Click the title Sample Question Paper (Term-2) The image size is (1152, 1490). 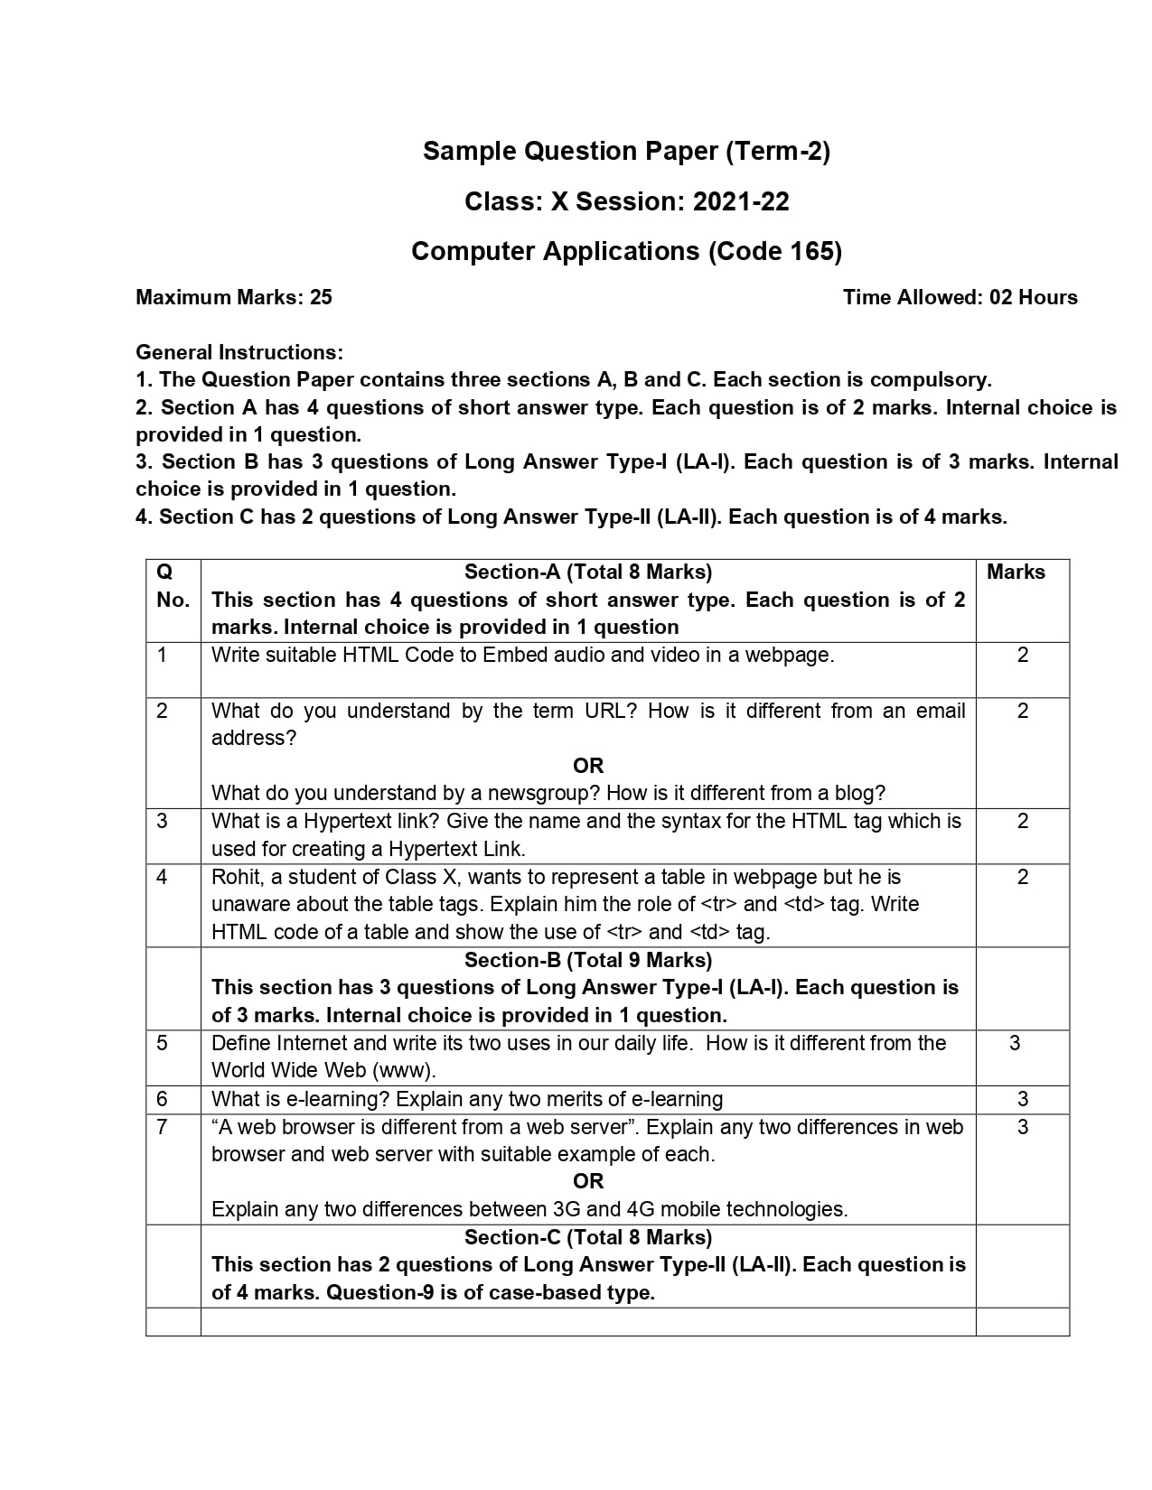626,151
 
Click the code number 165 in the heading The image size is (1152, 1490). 811,251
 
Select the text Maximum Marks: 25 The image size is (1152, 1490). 234,297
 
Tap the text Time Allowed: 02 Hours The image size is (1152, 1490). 960,297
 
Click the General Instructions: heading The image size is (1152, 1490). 239,352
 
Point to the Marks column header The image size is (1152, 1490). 1016,572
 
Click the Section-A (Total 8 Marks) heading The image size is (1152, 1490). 587,572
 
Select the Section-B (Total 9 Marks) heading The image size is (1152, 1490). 587,960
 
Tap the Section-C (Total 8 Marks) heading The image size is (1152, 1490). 587,1237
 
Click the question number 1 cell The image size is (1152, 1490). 163,655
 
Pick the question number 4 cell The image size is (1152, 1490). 163,877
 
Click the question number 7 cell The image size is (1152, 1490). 163,1127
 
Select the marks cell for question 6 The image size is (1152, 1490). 1022,1099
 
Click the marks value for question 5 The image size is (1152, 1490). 1015,1043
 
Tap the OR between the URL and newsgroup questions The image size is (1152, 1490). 587,766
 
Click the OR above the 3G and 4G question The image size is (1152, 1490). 587,1181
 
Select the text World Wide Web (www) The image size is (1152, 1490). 323,1071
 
